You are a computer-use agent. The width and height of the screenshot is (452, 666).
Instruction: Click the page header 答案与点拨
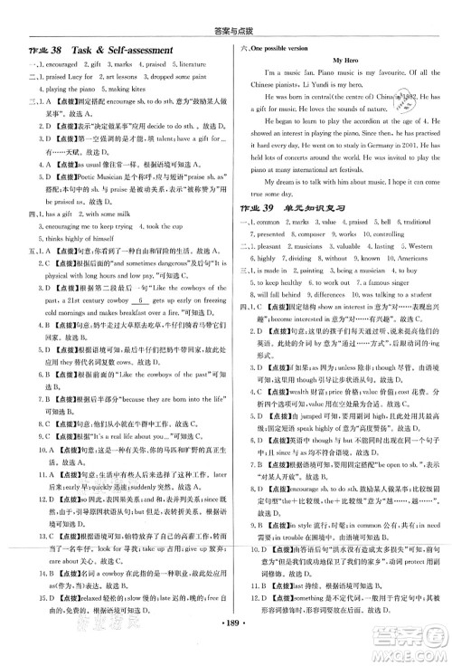[226, 11]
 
